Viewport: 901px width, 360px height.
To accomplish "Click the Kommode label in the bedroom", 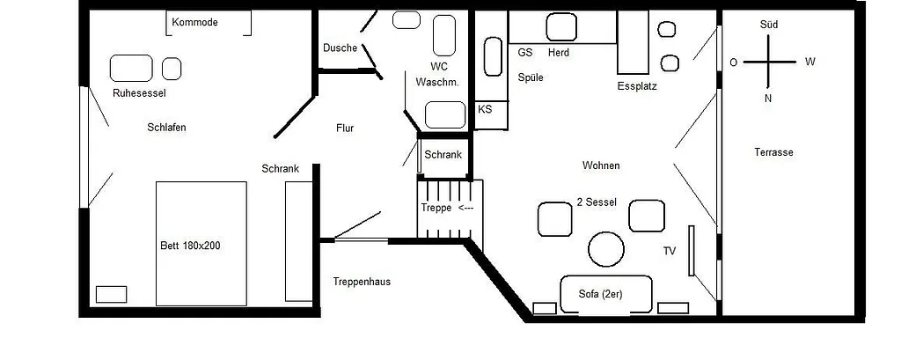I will coord(194,22).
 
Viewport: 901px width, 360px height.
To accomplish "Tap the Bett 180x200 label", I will coord(189,246).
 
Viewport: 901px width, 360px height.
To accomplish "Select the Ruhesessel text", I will coord(139,92).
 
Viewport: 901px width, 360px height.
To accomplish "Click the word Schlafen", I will coord(167,128).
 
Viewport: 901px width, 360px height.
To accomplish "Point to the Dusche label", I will coord(340,48).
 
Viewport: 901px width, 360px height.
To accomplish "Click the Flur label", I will coord(345,129).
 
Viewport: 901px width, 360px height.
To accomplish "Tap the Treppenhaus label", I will coord(362,282).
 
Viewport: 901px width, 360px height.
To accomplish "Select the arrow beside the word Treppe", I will coord(465,209).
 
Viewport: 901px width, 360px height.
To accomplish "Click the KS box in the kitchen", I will coord(485,110).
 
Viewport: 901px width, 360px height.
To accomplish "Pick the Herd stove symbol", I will coord(560,27).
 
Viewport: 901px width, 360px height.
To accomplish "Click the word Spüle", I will coord(531,77).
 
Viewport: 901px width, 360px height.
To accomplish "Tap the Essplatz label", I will coord(637,86).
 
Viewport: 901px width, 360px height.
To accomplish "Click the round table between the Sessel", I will coord(606,248).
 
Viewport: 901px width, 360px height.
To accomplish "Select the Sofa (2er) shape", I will coord(606,294).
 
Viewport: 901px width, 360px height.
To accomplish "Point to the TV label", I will coord(670,251).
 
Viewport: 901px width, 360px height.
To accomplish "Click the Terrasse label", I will coord(773,152).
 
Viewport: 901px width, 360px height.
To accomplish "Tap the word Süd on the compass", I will coord(768,25).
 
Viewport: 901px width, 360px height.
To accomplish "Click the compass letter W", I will coord(810,62).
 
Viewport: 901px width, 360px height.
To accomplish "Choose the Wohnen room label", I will coord(601,165).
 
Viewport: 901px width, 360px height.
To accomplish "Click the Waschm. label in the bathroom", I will coord(437,83).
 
